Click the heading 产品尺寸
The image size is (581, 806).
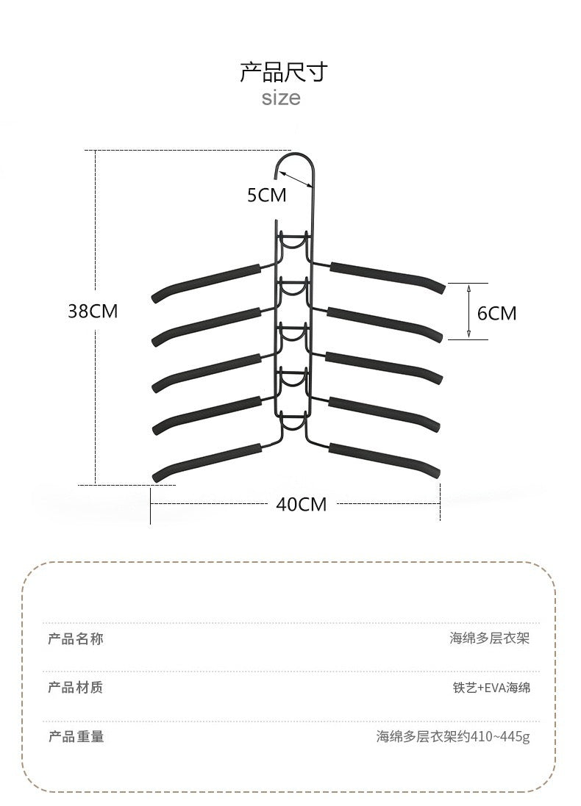click(x=283, y=72)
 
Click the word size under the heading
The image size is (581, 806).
click(x=281, y=98)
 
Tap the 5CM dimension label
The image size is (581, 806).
click(x=266, y=195)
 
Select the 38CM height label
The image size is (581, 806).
click(x=93, y=312)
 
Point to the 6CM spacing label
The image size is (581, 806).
click(x=496, y=314)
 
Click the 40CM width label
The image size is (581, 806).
click(x=301, y=504)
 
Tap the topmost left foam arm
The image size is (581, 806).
click(x=206, y=281)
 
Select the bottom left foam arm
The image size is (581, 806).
click(x=206, y=461)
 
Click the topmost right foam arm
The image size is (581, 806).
click(x=386, y=275)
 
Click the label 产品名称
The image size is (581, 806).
click(x=76, y=638)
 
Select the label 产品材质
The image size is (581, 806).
click(x=76, y=688)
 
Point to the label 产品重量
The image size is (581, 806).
click(x=76, y=736)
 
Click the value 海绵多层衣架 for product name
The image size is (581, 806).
click(x=489, y=638)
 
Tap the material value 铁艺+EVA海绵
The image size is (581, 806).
click(x=491, y=688)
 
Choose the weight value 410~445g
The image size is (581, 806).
click(x=452, y=736)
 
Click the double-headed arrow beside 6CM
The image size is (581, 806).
click(x=470, y=312)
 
